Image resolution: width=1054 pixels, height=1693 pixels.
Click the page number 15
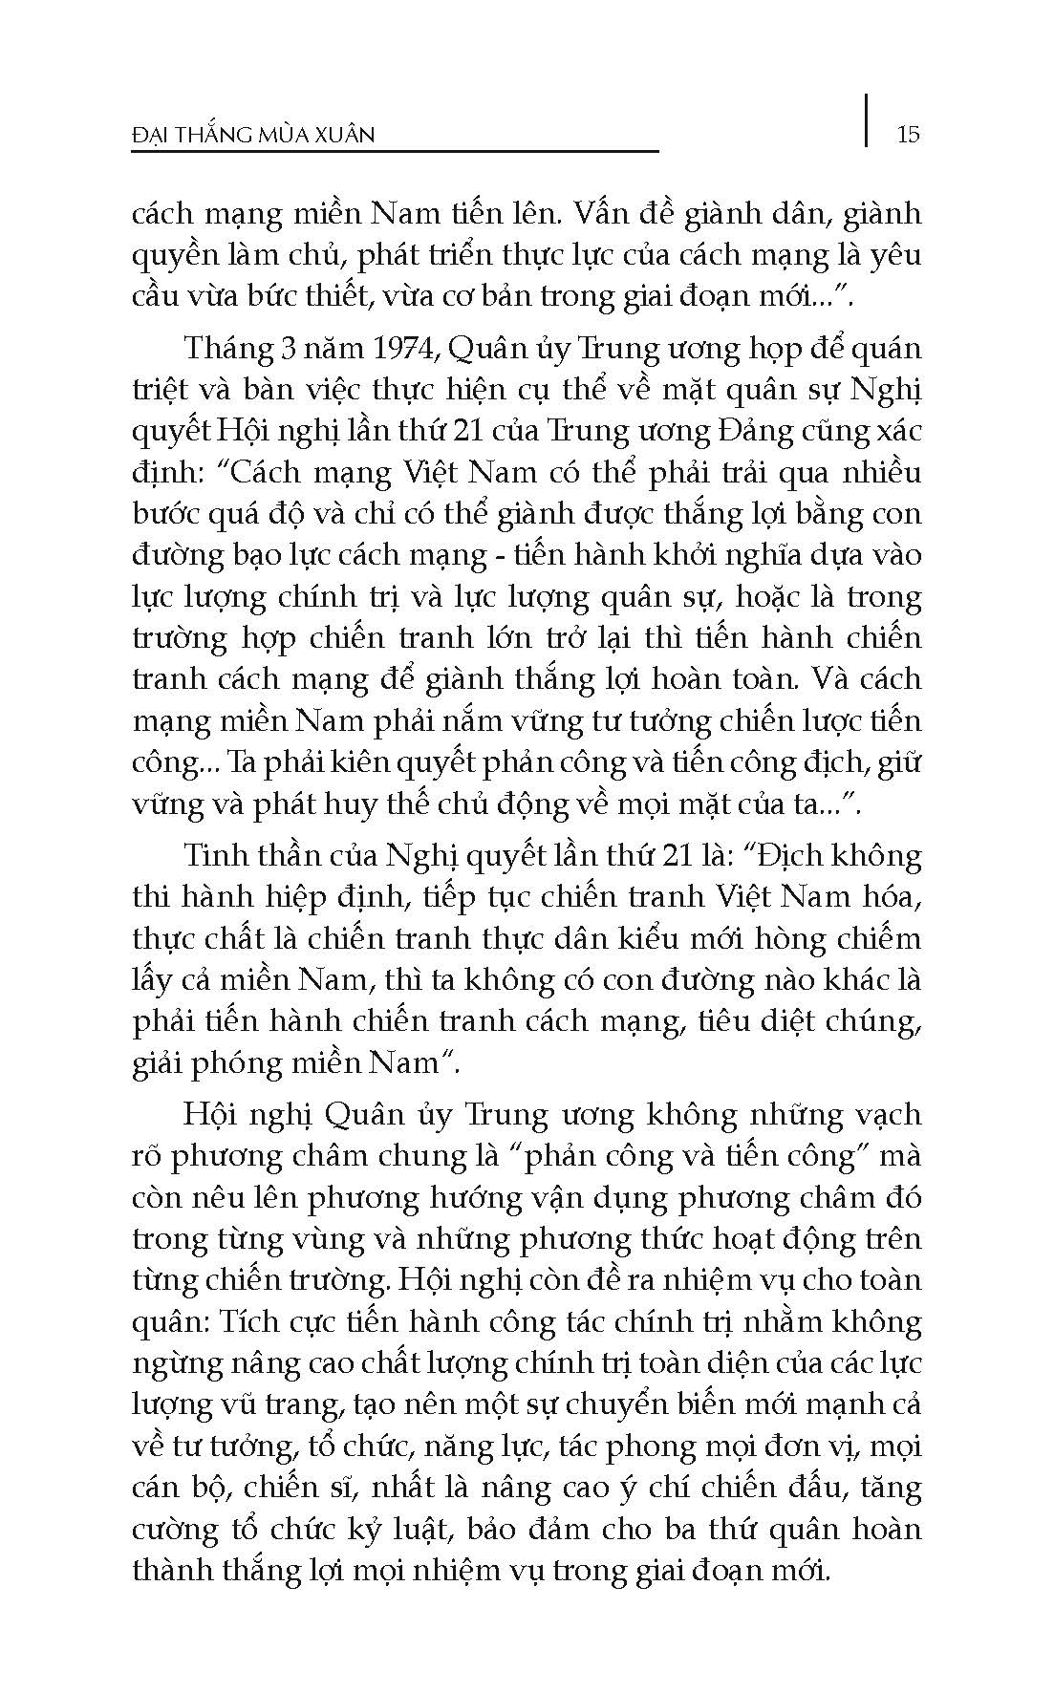909,134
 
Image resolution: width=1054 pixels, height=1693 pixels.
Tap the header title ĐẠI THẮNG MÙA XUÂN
252,135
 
